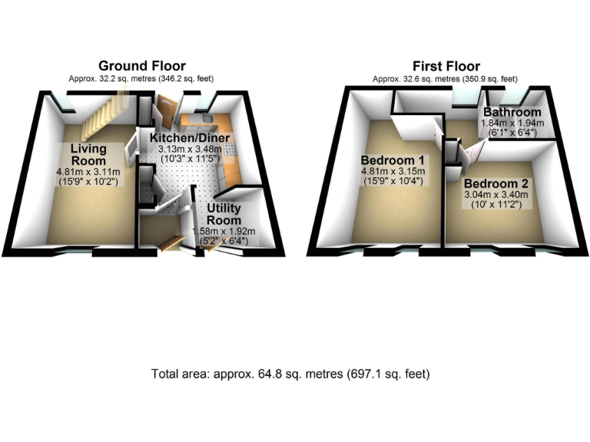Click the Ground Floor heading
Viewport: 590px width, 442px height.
coord(141,66)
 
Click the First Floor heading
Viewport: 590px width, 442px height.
coord(446,66)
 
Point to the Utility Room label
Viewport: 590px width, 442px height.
coord(225,215)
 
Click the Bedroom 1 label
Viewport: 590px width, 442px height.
coord(393,160)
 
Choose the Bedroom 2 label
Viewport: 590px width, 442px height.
coord(496,184)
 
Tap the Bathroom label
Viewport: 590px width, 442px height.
coord(512,112)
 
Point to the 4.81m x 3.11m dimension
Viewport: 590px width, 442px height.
coord(85,173)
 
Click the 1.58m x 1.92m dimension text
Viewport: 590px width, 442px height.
coord(225,231)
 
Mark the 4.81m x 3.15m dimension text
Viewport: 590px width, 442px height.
coord(393,171)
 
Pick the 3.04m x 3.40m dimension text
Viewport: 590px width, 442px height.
coord(496,196)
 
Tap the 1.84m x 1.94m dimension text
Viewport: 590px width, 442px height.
coord(512,123)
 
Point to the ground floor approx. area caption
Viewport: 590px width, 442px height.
coord(141,78)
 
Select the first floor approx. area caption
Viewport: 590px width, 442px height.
coord(446,78)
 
